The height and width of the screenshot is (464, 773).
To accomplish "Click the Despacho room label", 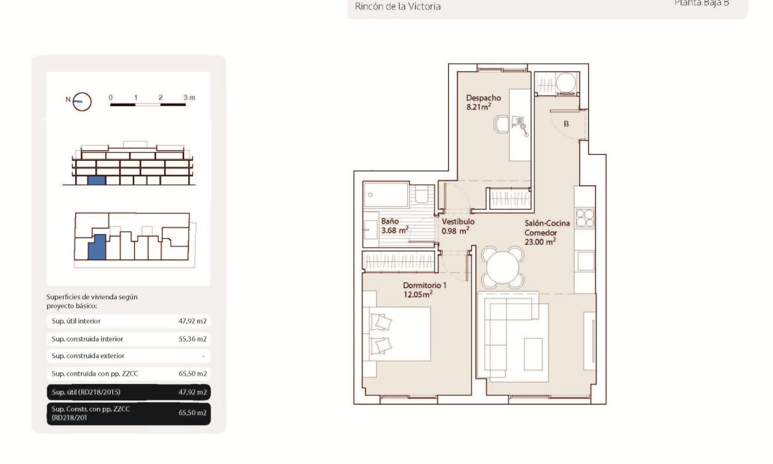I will point(483,98).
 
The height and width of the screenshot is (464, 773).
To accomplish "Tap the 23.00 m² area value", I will point(540,241).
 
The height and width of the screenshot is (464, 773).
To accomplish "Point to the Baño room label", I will point(390,222).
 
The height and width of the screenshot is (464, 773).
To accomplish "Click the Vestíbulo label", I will point(458,222).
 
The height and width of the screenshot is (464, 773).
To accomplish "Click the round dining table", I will point(503,267).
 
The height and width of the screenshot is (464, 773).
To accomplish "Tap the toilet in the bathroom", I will point(424,195).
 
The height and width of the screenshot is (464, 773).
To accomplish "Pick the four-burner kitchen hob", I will point(584,218).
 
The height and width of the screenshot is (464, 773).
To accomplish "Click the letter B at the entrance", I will point(566,124).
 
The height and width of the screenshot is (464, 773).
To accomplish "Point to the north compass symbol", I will point(81,101).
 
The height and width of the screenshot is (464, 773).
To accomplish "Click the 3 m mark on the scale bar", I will point(189,98).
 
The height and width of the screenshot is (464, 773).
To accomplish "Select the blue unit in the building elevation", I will point(96,181).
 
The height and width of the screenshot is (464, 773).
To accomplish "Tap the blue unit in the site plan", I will point(98,246).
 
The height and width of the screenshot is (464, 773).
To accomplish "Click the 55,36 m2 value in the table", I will point(192,339).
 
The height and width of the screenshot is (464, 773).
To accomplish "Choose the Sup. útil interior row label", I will point(76,321).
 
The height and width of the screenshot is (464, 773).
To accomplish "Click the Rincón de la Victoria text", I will point(397,7).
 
